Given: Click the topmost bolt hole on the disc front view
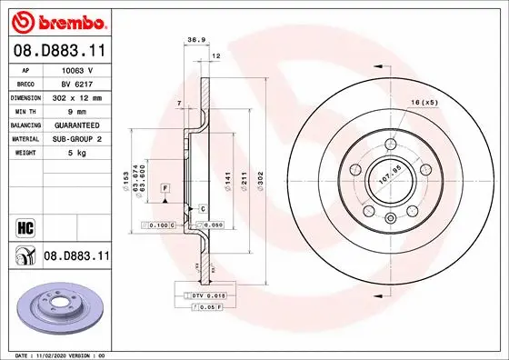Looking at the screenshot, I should pyautogui.click(x=390, y=145).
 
